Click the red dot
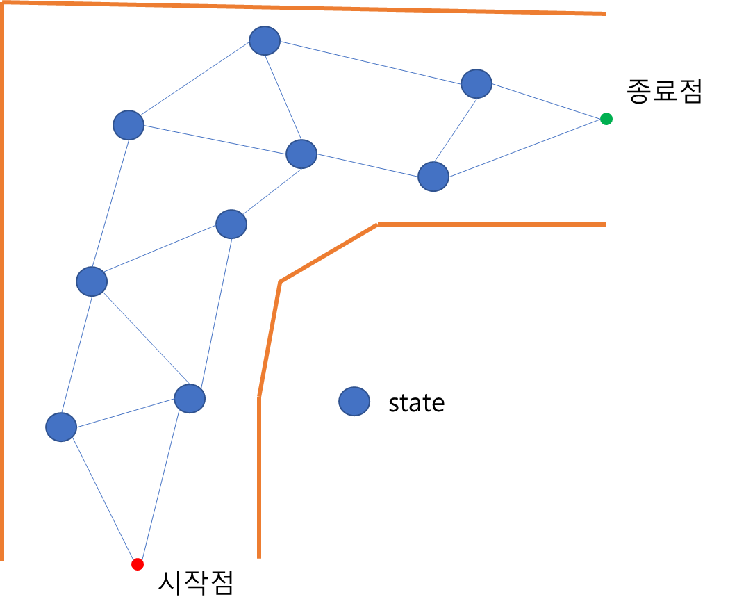click(138, 564)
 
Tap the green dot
click(606, 119)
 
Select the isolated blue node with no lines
click(354, 402)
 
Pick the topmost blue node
click(265, 41)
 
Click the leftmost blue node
click(61, 427)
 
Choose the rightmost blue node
click(476, 84)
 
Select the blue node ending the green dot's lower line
click(433, 177)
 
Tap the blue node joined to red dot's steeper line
click(190, 398)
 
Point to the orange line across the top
click(306, 8)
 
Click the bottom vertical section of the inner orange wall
click(259, 479)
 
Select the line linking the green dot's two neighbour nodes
click(455, 131)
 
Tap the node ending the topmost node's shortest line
click(301, 154)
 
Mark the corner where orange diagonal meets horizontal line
click(378, 224)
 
